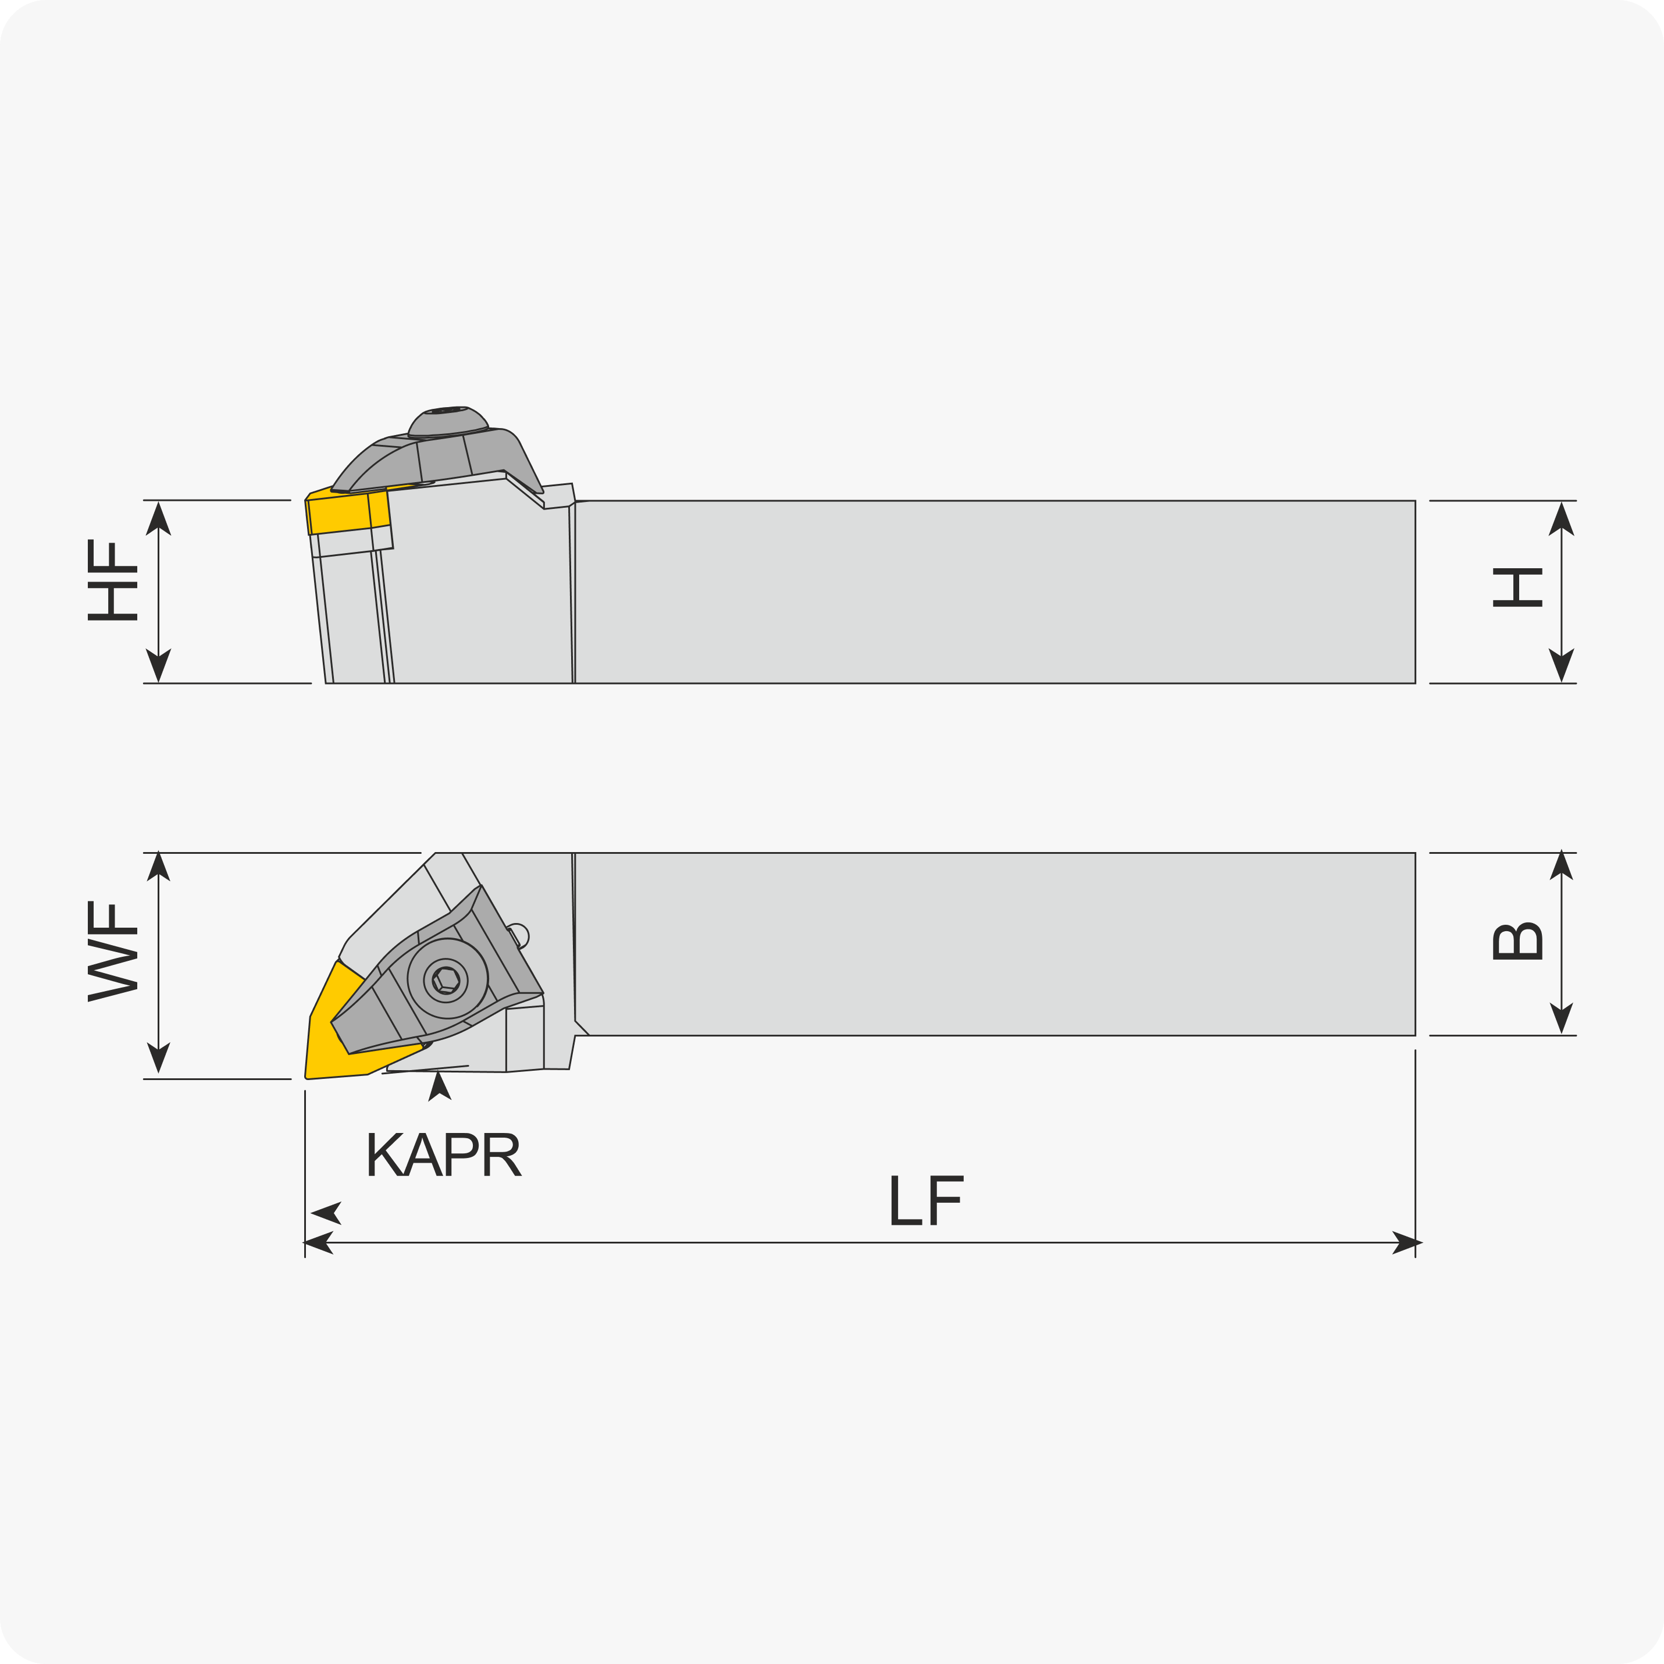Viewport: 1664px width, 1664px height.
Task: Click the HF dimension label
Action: (113, 580)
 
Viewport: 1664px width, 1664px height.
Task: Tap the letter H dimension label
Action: (1517, 587)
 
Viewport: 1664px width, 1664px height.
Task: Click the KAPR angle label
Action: (444, 1154)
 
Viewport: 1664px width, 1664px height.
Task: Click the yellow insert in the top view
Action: (353, 1029)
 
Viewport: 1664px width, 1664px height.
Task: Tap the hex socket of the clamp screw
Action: (446, 980)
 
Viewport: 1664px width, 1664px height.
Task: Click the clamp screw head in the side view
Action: (448, 422)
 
